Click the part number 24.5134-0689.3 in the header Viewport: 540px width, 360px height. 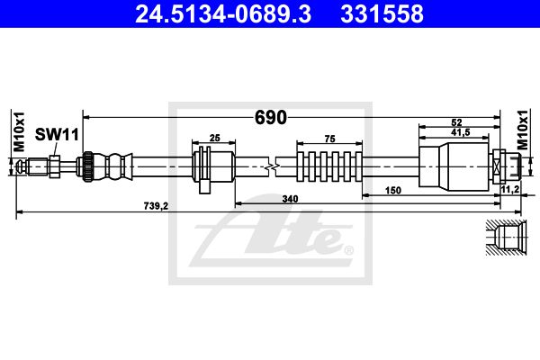tap(223, 14)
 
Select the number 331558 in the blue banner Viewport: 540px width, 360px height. tap(382, 14)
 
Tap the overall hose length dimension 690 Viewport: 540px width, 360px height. tap(270, 118)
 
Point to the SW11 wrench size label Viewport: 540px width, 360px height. tap(57, 134)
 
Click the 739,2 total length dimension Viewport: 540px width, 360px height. tap(156, 206)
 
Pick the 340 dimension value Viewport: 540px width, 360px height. tap(290, 199)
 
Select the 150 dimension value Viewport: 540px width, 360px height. tap(393, 190)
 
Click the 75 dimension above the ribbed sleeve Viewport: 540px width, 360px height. tap(329, 139)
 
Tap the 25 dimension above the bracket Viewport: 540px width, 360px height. tap(214, 138)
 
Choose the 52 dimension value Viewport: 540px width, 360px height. tap(456, 122)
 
